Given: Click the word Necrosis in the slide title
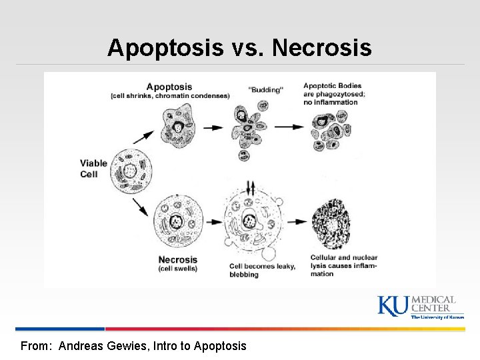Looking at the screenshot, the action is pyautogui.click(x=322, y=48).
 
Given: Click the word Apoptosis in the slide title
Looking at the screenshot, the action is pyautogui.click(x=165, y=48).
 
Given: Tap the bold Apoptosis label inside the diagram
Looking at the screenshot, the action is pyautogui.click(x=169, y=86).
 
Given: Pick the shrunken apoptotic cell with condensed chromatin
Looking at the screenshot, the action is pyautogui.click(x=178, y=126).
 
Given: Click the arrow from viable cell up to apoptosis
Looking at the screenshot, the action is pyautogui.click(x=143, y=137).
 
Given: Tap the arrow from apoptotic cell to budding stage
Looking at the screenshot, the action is pyautogui.click(x=213, y=127).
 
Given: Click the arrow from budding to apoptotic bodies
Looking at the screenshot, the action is pyautogui.click(x=290, y=127).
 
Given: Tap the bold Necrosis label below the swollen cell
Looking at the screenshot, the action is pyautogui.click(x=178, y=259).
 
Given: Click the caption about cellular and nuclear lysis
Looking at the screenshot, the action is pyautogui.click(x=344, y=265).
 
